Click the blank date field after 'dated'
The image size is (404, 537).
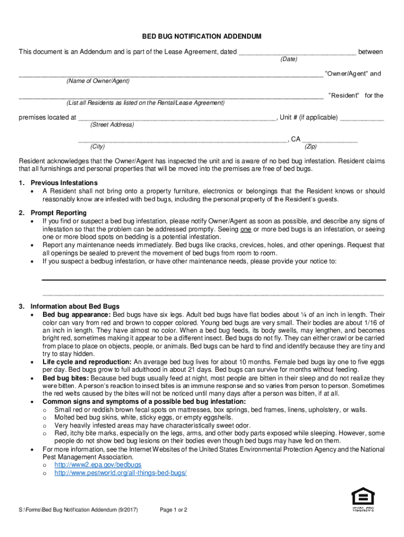(297, 52)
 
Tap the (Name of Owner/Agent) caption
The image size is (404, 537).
(98, 81)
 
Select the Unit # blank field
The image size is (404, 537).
(362, 118)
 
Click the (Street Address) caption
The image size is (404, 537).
(112, 125)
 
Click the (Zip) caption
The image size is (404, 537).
(311, 147)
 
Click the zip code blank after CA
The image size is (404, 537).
(330, 140)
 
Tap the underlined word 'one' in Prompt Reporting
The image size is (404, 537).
(246, 230)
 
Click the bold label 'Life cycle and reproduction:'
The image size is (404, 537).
(87, 362)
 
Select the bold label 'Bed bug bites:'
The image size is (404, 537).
(66, 378)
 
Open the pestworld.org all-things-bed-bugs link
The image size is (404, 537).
(120, 472)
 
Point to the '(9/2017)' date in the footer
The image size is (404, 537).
(127, 510)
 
